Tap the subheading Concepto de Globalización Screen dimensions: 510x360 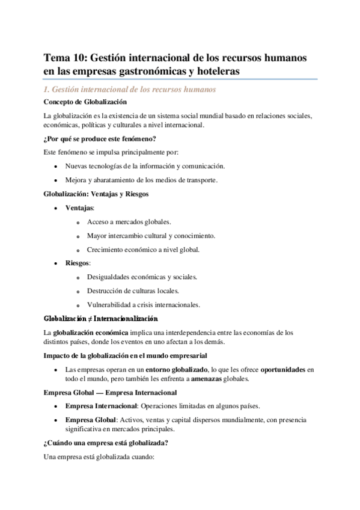tap(85, 102)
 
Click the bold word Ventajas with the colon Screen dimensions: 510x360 tap(80, 207)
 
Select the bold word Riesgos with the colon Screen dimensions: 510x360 tap(78, 263)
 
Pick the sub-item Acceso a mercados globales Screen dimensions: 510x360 tap(129, 221)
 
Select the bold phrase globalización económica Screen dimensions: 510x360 tap(91, 332)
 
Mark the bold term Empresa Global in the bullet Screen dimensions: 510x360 tap(90, 419)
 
